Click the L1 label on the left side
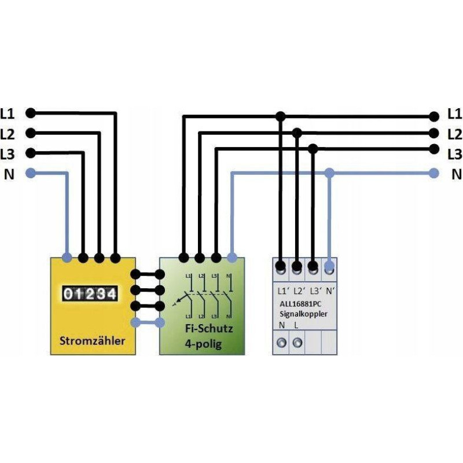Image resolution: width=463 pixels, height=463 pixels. (x=9, y=113)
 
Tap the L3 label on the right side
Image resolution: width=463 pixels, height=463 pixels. (x=454, y=154)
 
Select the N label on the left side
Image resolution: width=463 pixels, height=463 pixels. (x=9, y=174)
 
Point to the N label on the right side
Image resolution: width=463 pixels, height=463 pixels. (x=456, y=174)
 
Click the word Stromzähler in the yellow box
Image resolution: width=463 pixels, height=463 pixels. (x=92, y=340)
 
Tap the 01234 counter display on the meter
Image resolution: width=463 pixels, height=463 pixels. (x=91, y=294)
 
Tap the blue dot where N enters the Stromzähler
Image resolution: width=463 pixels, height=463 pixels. (x=67, y=257)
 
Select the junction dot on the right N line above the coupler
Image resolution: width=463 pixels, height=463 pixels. (x=329, y=172)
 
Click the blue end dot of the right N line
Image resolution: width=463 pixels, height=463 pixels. (x=433, y=172)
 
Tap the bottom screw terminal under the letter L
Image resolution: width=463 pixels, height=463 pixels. (x=297, y=343)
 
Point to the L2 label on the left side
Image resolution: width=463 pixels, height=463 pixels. (x=9, y=134)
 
